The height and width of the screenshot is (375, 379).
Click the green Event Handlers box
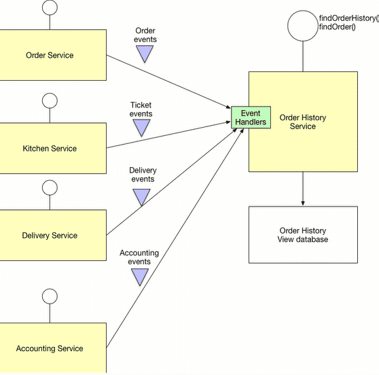pyautogui.click(x=251, y=117)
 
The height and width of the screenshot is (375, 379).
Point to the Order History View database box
pyautogui.click(x=302, y=235)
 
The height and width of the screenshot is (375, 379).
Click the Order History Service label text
pyautogui.click(x=302, y=122)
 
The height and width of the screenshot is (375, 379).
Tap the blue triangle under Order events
pyautogui.click(x=145, y=54)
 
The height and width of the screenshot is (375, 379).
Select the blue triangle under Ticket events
pyautogui.click(x=141, y=128)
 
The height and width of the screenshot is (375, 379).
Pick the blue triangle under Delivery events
pyautogui.click(x=141, y=197)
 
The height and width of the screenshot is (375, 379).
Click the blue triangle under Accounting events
pyautogui.click(x=139, y=276)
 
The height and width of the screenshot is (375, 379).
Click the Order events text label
pyautogui.click(x=145, y=35)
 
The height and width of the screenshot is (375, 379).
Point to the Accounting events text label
pyautogui.click(x=139, y=257)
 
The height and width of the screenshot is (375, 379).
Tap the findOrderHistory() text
pyautogui.click(x=348, y=17)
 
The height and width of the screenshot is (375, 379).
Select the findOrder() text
pyautogui.click(x=337, y=26)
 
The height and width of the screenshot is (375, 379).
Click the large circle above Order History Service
pyautogui.click(x=302, y=25)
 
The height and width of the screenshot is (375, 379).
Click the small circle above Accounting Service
pyautogui.click(x=50, y=296)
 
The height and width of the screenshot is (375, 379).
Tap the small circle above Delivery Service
pyautogui.click(x=50, y=187)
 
